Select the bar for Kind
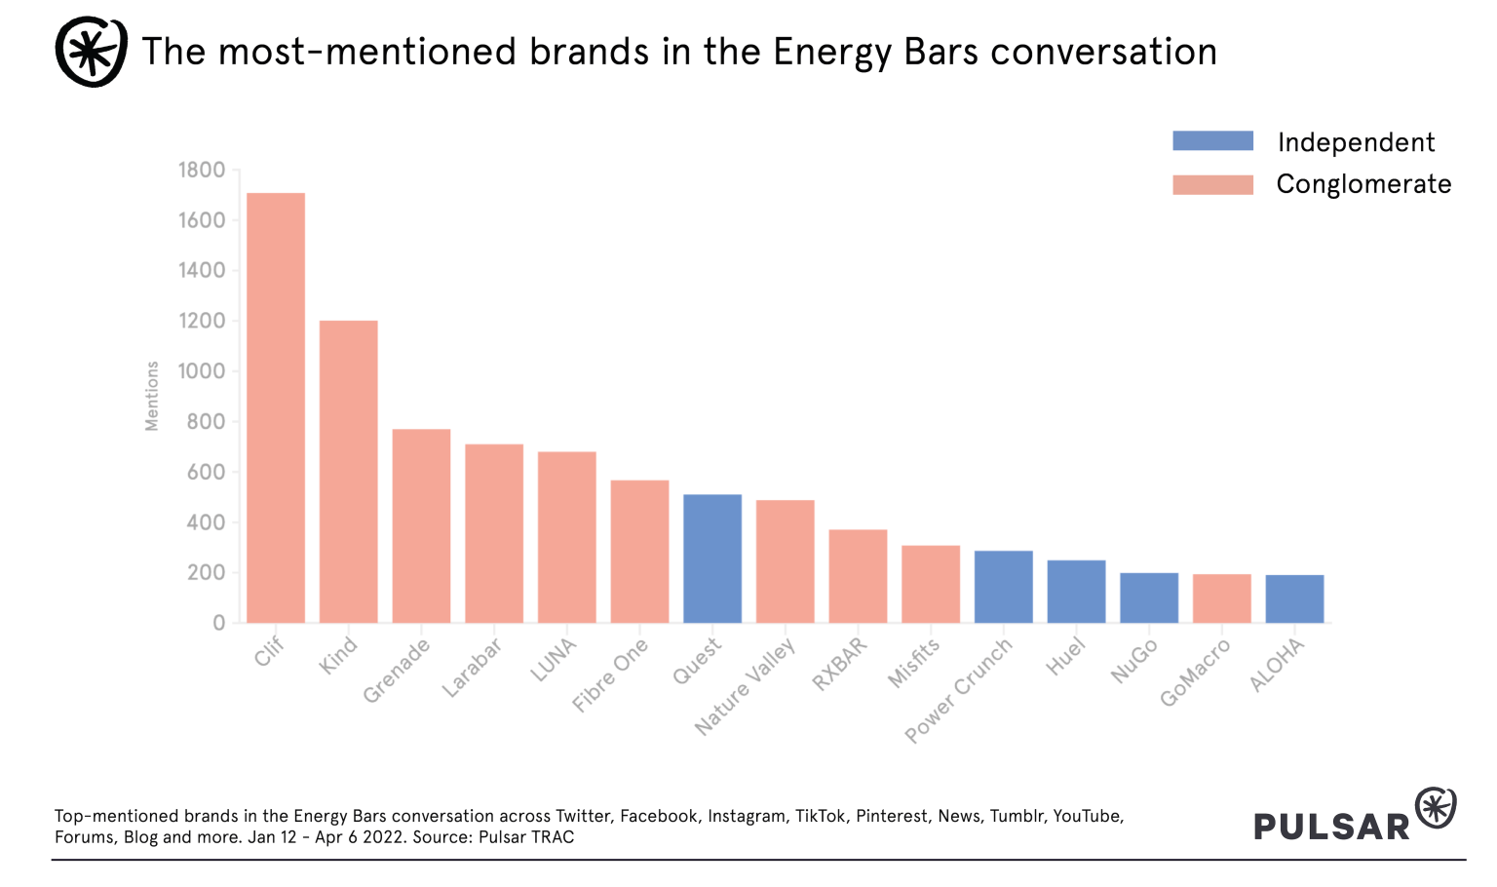tap(349, 472)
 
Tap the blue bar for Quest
tap(712, 559)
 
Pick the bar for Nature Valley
tap(786, 561)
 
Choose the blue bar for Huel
tap(1076, 592)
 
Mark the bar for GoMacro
tap(1222, 598)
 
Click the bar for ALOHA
tap(1294, 598)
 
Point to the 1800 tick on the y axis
tap(202, 171)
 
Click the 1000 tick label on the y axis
tap(202, 371)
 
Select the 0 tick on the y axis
tap(219, 623)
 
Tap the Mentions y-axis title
tap(152, 396)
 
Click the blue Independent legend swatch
tap(1212, 141)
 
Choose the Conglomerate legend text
tap(1363, 184)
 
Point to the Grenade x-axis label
tap(397, 672)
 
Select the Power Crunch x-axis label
tap(959, 689)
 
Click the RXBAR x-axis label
tap(840, 665)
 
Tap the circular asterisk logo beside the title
tap(91, 52)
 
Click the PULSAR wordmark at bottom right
tap(1331, 826)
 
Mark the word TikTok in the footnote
tap(821, 816)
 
